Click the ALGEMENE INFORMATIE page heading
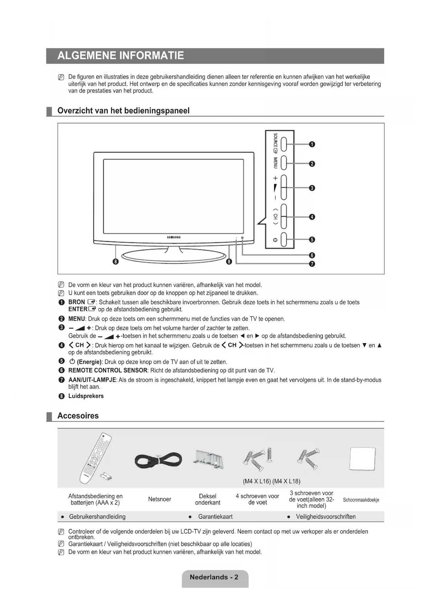tap(121, 56)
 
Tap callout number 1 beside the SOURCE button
tap(312, 144)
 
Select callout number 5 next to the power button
tap(312, 239)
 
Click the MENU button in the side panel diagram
tap(284, 163)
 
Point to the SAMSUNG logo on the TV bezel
tap(174, 237)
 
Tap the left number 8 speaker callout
tap(116, 261)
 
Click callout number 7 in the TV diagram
tap(312, 264)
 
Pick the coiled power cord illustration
tap(158, 460)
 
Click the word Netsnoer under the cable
tap(159, 499)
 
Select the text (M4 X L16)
tap(257, 481)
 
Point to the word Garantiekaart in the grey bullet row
tap(215, 517)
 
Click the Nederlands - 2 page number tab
tap(214, 577)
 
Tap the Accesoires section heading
tap(78, 416)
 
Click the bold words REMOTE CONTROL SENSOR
tap(108, 370)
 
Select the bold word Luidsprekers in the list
tap(86, 396)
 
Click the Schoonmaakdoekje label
tap(361, 500)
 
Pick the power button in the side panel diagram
tap(284, 239)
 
